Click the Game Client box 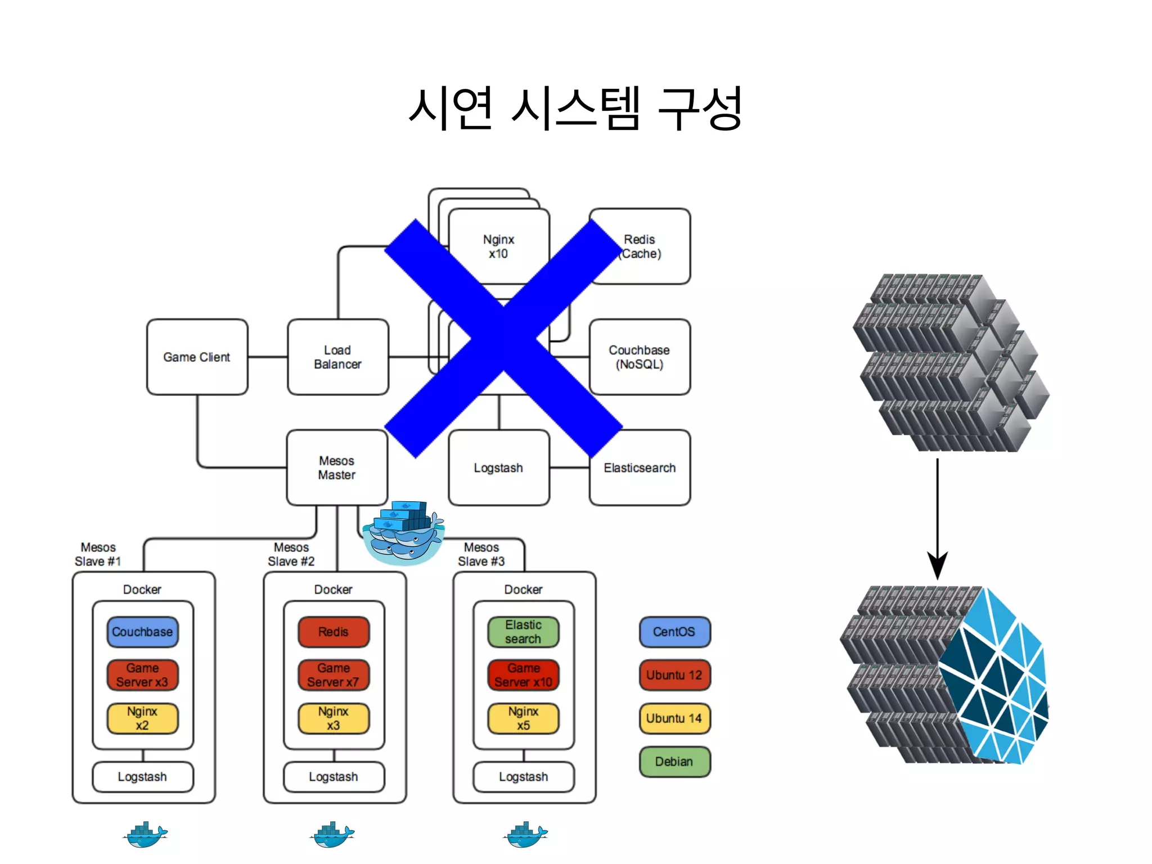click(197, 357)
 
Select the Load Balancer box click(337, 357)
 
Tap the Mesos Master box click(336, 467)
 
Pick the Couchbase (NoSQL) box click(640, 357)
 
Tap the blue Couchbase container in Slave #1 click(142, 632)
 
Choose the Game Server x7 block click(334, 675)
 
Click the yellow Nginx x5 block click(523, 718)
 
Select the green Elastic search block click(523, 632)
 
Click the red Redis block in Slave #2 click(334, 632)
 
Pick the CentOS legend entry click(674, 632)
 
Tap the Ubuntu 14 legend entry click(674, 718)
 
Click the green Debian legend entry click(674, 762)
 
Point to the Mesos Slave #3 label click(481, 554)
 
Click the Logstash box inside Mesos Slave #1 click(142, 777)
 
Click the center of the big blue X click(503, 337)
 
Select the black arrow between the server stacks click(937, 517)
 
